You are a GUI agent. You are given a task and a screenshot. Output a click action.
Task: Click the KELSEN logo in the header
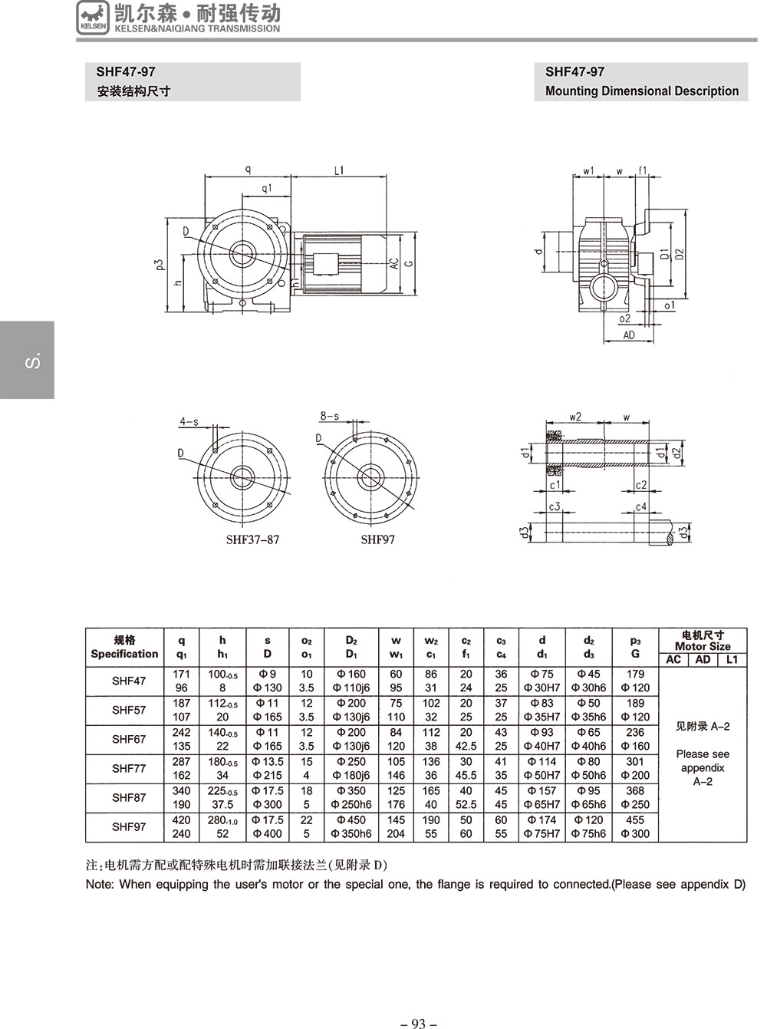coord(93,18)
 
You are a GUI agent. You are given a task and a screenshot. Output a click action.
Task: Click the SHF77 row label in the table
coord(128,768)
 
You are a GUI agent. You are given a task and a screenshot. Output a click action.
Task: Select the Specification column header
coord(124,654)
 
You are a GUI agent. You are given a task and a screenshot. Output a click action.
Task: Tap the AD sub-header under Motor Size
coord(703,660)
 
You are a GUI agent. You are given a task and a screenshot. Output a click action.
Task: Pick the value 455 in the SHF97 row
coord(635,820)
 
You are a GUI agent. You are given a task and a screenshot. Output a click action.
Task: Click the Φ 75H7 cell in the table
coord(542,833)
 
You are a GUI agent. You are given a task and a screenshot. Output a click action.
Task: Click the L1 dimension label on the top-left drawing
coord(339,170)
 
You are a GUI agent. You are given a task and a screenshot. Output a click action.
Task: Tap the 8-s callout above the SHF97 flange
coord(329,416)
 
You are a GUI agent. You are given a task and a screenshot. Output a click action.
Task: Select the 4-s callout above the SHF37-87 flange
coord(189,421)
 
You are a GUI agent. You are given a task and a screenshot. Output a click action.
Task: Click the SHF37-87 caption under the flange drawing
coord(252,539)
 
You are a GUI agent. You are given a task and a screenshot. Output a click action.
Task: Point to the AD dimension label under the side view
coord(629,335)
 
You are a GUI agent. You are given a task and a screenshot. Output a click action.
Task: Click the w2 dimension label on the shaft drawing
coord(575,417)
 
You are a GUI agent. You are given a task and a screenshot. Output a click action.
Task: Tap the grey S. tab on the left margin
coord(27,360)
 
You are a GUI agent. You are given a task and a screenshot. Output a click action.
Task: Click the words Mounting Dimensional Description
coord(642,91)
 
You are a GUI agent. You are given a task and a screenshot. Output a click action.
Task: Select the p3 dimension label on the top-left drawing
coord(161,265)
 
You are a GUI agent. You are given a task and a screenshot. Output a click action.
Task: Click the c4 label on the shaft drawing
coord(641,506)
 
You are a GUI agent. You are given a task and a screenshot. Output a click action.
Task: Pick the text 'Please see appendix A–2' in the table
coord(703,767)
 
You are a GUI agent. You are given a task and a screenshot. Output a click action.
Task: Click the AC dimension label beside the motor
coord(394,263)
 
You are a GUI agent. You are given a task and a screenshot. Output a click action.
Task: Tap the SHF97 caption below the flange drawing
coord(377,539)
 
